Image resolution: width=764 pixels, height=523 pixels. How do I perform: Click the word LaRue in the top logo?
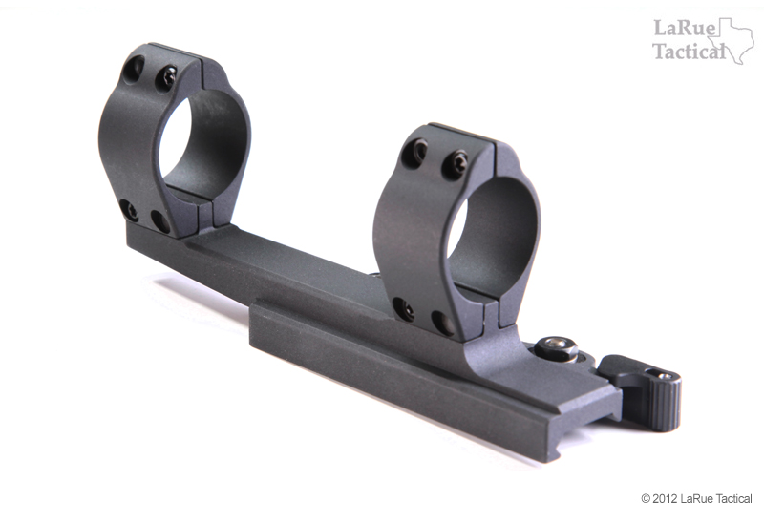coord(677,28)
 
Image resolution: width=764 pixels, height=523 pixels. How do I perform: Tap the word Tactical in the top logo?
coord(688,52)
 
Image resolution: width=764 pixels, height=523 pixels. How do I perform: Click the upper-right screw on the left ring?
coord(166,77)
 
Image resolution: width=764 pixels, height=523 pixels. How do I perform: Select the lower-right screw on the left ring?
coord(159,221)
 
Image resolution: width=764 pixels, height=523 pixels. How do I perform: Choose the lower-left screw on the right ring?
coord(405,309)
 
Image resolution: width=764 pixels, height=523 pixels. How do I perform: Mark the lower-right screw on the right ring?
coord(442,323)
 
